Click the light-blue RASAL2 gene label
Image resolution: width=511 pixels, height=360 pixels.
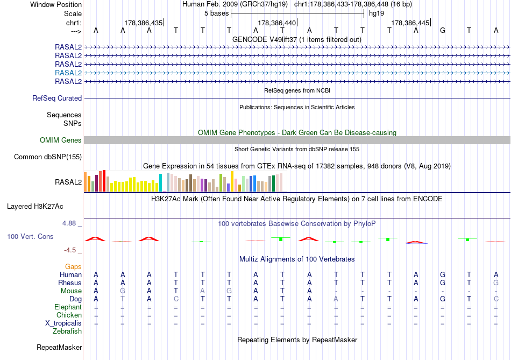(x=68, y=73)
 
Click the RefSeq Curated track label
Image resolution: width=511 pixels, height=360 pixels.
(x=57, y=98)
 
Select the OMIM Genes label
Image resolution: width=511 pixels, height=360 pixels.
(x=61, y=140)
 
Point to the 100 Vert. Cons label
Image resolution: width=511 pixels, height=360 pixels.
(x=31, y=237)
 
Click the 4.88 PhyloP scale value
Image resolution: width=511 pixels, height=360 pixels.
(x=70, y=223)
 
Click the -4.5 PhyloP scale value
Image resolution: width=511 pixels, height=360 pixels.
(x=70, y=250)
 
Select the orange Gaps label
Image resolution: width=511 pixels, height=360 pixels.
(x=73, y=267)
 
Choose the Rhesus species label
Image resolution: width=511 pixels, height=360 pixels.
(x=70, y=283)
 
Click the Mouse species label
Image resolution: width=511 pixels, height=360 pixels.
(x=72, y=291)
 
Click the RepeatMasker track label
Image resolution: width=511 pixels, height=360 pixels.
(x=59, y=348)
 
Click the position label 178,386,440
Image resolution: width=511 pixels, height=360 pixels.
(x=277, y=23)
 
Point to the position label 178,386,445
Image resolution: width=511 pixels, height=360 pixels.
(x=410, y=23)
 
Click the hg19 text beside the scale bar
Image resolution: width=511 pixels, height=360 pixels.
(x=376, y=13)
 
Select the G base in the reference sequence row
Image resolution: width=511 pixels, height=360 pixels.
(x=443, y=30)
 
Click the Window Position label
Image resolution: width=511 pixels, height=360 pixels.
(x=56, y=4)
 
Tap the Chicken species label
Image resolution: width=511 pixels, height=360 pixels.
(x=69, y=315)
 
